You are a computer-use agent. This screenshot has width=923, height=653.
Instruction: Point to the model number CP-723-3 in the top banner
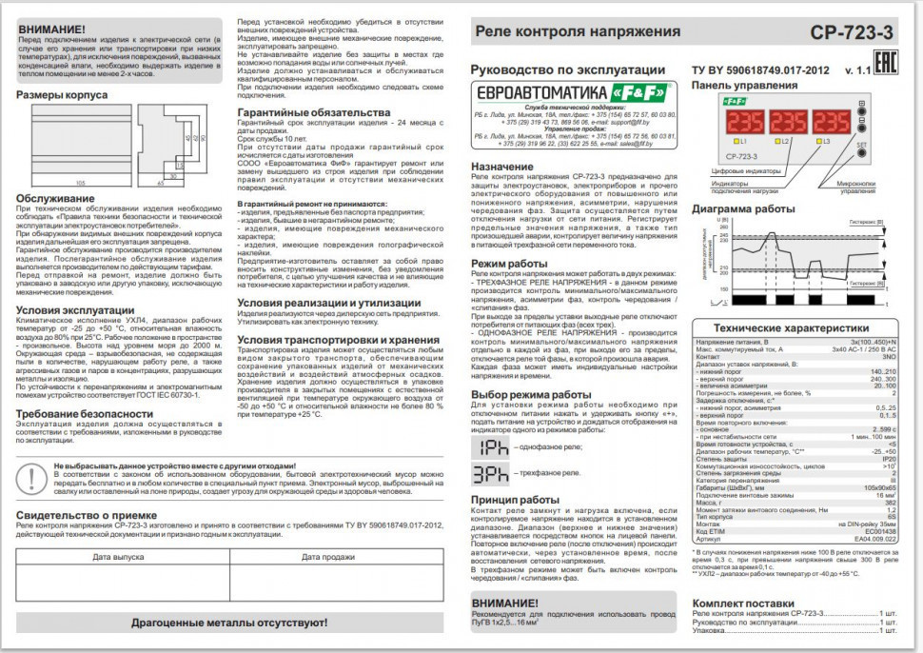853,32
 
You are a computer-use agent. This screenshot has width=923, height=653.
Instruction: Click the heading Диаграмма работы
742,208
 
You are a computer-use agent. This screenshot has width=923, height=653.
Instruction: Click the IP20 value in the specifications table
888,458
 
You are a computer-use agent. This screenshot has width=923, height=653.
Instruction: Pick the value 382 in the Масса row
890,502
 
